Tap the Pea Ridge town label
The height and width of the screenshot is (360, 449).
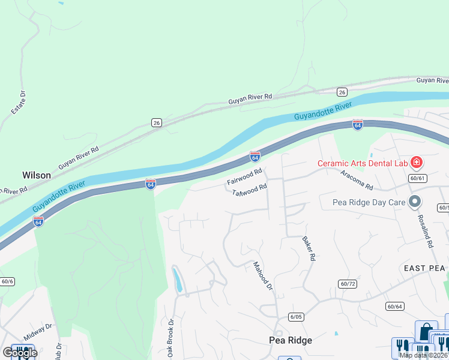290,340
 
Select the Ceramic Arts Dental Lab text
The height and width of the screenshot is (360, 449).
363,163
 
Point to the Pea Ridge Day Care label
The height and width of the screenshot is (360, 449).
369,202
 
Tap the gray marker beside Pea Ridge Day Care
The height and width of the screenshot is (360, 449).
414,202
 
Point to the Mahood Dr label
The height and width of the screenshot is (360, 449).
263,276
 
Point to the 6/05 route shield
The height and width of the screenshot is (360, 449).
296,317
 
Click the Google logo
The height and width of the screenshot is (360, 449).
19,353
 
